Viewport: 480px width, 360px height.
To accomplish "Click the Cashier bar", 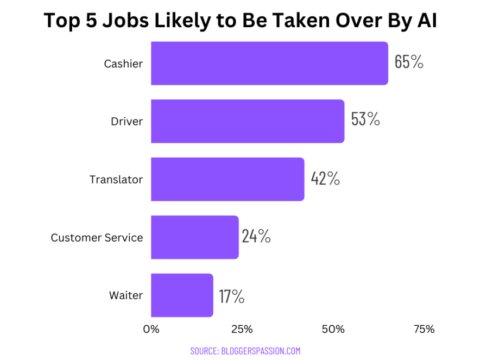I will [x=269, y=64].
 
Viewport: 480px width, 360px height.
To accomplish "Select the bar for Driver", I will [x=248, y=121].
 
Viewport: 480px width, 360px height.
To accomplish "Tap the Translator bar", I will [x=228, y=179].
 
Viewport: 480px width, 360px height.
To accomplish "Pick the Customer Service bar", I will [x=194, y=237].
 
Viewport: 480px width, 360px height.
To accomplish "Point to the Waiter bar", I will [x=182, y=295].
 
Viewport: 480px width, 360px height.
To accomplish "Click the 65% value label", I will [x=409, y=62].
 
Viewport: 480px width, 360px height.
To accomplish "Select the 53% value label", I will [x=365, y=120].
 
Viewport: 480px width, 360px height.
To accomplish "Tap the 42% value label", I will [x=325, y=178].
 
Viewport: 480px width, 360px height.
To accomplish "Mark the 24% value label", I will [x=256, y=236].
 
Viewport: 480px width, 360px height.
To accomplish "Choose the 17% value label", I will [x=232, y=296].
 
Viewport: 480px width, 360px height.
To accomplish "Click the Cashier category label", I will [x=123, y=64].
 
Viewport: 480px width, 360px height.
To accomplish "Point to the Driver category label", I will [x=127, y=122].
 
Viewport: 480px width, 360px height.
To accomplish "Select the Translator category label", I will [x=116, y=180].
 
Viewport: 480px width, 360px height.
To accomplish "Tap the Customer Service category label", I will [x=97, y=238].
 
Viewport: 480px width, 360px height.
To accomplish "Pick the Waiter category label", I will [x=125, y=296].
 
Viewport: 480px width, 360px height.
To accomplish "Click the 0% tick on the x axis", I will [x=151, y=329].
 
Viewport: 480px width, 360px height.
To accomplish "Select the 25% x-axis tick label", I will [x=242, y=329].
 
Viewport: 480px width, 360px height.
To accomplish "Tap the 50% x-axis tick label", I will [x=333, y=329].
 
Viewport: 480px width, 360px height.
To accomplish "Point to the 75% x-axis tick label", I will [x=424, y=329].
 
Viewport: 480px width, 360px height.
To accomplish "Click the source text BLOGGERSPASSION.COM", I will [x=245, y=351].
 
